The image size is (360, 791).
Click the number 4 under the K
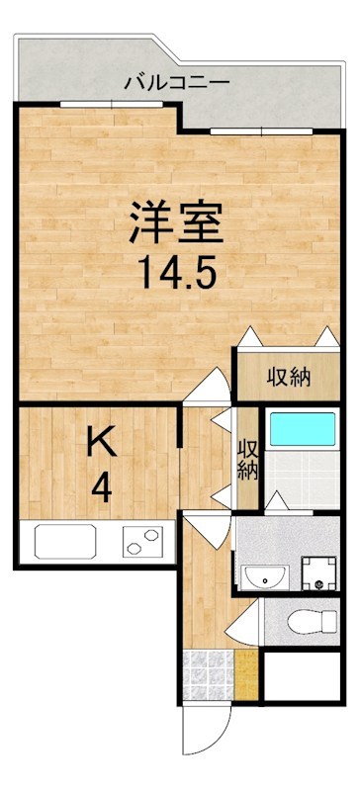(102, 488)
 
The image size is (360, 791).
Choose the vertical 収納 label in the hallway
(246, 458)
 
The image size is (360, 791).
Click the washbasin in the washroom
(264, 575)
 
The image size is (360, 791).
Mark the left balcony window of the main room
(93, 104)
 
